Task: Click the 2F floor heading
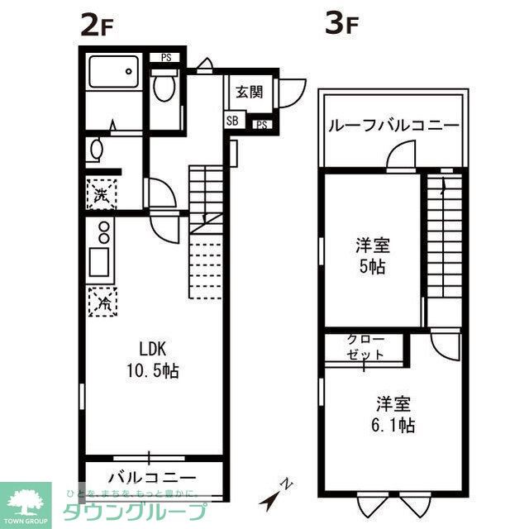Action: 96,26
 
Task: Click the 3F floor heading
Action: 341,26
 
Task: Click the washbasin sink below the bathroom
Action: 97,151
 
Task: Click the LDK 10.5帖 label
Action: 153,360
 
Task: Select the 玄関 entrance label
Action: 249,92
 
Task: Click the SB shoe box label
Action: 232,122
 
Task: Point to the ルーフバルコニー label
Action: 393,126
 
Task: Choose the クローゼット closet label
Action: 364,346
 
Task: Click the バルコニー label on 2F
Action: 151,479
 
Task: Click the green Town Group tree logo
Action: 25,501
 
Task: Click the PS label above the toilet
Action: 166,58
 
